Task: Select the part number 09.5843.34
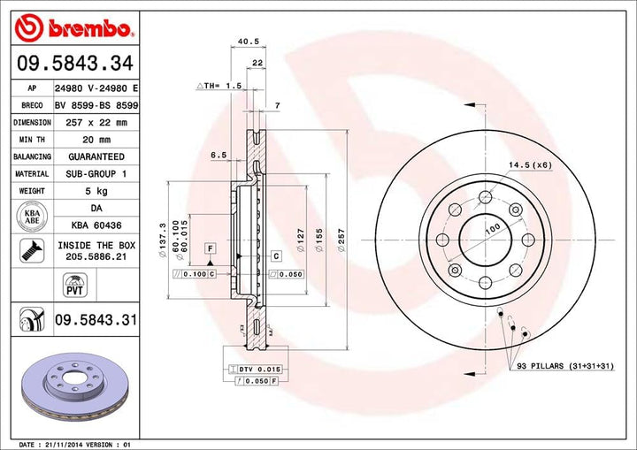pos(74,63)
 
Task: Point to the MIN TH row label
pos(31,140)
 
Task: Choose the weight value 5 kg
pos(96,190)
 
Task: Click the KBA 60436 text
pos(96,225)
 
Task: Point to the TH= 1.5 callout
pos(219,86)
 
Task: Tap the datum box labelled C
pos(276,256)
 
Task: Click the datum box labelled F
pos(211,248)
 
